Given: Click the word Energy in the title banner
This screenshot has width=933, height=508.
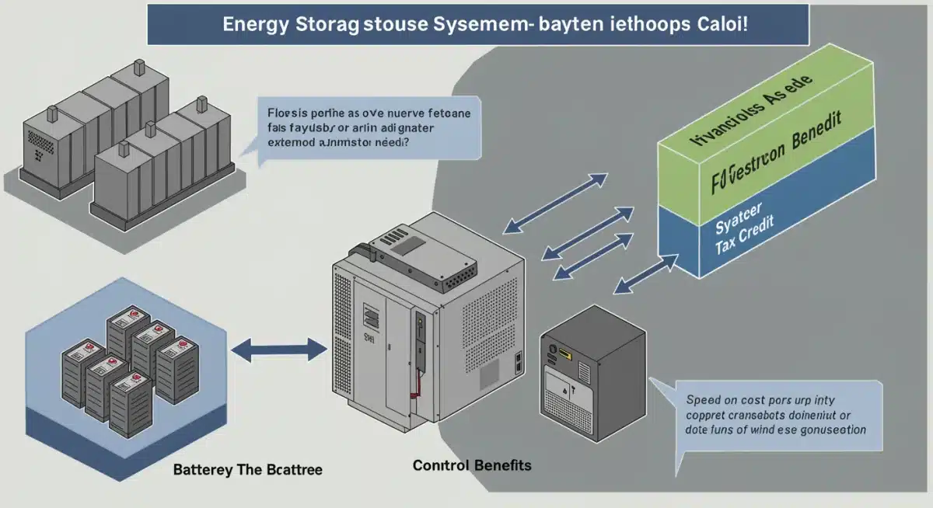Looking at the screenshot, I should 257,23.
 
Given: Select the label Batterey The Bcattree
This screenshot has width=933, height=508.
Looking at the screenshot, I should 247,470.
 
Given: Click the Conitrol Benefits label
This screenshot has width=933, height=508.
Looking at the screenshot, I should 472,465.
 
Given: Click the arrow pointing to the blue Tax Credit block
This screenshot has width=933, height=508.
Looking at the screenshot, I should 645,276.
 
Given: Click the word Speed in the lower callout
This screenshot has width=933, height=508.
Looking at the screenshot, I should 704,401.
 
